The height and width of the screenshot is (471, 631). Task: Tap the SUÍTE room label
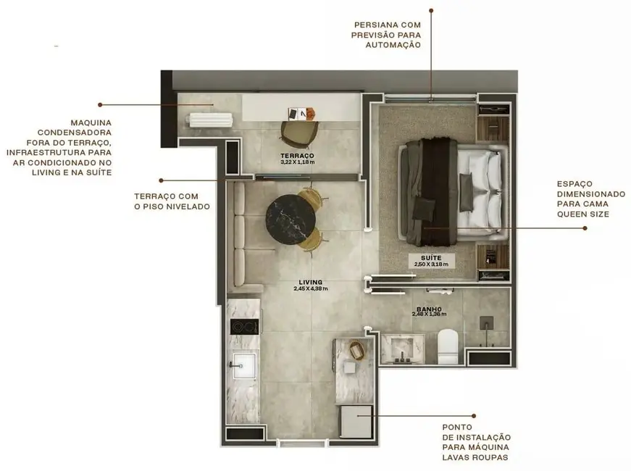click(431, 257)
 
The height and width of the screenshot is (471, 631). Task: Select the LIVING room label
click(310, 282)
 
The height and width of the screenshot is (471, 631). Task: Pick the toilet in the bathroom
click(448, 346)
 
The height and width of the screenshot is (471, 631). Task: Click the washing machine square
click(356, 421)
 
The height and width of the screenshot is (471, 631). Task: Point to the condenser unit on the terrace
click(209, 120)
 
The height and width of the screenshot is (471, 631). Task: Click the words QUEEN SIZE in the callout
click(583, 214)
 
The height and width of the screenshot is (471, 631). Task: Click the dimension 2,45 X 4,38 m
click(310, 289)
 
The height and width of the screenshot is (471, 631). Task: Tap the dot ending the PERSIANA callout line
click(431, 10)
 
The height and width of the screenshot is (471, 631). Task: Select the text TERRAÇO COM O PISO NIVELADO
click(172, 201)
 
